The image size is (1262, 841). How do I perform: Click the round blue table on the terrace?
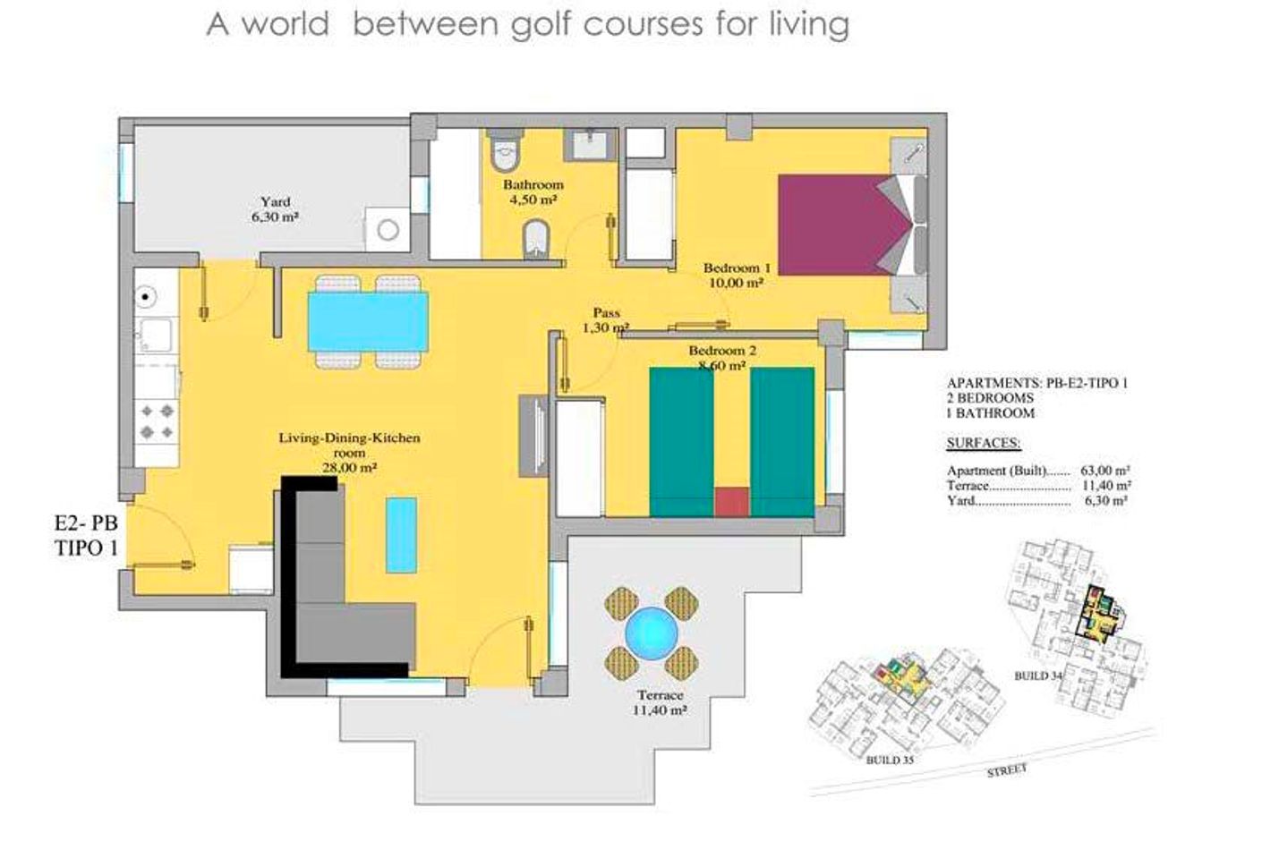coord(652,633)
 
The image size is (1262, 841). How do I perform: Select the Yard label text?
coord(276,201)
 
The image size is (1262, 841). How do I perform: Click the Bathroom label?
coord(533,184)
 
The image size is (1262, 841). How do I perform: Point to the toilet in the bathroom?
coord(504,150)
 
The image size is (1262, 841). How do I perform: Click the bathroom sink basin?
coord(589,144)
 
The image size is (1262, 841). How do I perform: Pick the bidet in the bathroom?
coord(536,239)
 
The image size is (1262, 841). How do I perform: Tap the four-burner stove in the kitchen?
coord(157,421)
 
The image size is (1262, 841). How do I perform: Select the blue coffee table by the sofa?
coord(402,534)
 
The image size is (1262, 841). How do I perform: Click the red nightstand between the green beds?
coord(731,501)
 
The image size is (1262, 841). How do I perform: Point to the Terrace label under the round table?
coord(661,695)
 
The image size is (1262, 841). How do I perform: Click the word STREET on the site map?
coord(1007,770)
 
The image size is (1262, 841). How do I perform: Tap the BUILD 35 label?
coord(890,760)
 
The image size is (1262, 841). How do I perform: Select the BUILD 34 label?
coord(1039,675)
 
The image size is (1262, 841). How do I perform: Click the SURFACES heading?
coord(984,443)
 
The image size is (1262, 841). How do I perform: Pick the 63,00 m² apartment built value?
coord(1104,471)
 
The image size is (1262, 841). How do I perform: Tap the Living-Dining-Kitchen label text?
coord(349,437)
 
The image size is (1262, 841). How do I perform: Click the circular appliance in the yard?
coord(388,230)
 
